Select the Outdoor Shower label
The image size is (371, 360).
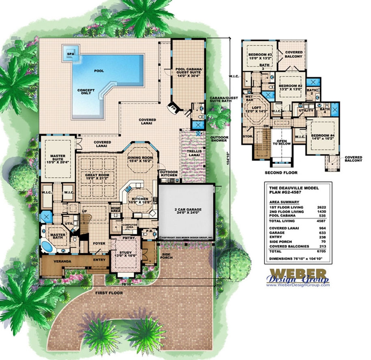click(x=219, y=139)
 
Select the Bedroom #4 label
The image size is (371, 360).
click(x=323, y=136)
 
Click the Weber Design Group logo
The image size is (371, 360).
click(x=297, y=276)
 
